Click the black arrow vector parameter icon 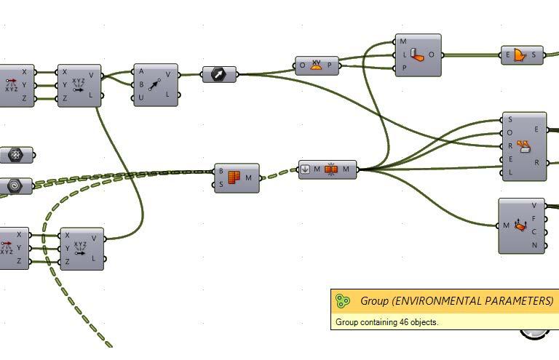219,74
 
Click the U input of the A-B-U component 141,97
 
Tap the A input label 141,72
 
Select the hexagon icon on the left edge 15,155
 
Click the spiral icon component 14,186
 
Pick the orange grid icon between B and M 234,177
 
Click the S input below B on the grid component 221,184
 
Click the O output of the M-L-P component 432,55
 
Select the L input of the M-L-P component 403,55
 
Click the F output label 534,218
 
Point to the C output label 534,232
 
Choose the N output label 534,246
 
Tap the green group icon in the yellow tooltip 342,300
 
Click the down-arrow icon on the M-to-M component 306,169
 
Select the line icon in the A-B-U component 154,84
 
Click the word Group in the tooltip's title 374,300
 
